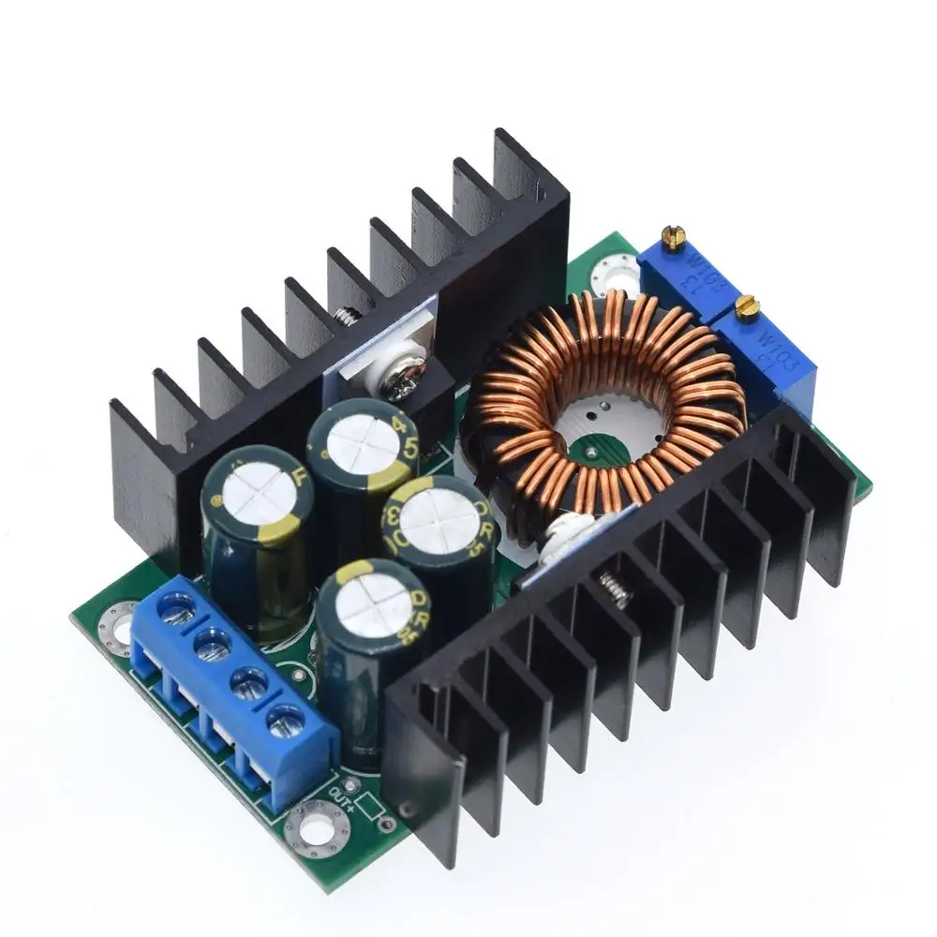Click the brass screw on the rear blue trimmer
pyautogui.click(x=673, y=237)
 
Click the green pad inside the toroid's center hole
pyautogui.click(x=594, y=448)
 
